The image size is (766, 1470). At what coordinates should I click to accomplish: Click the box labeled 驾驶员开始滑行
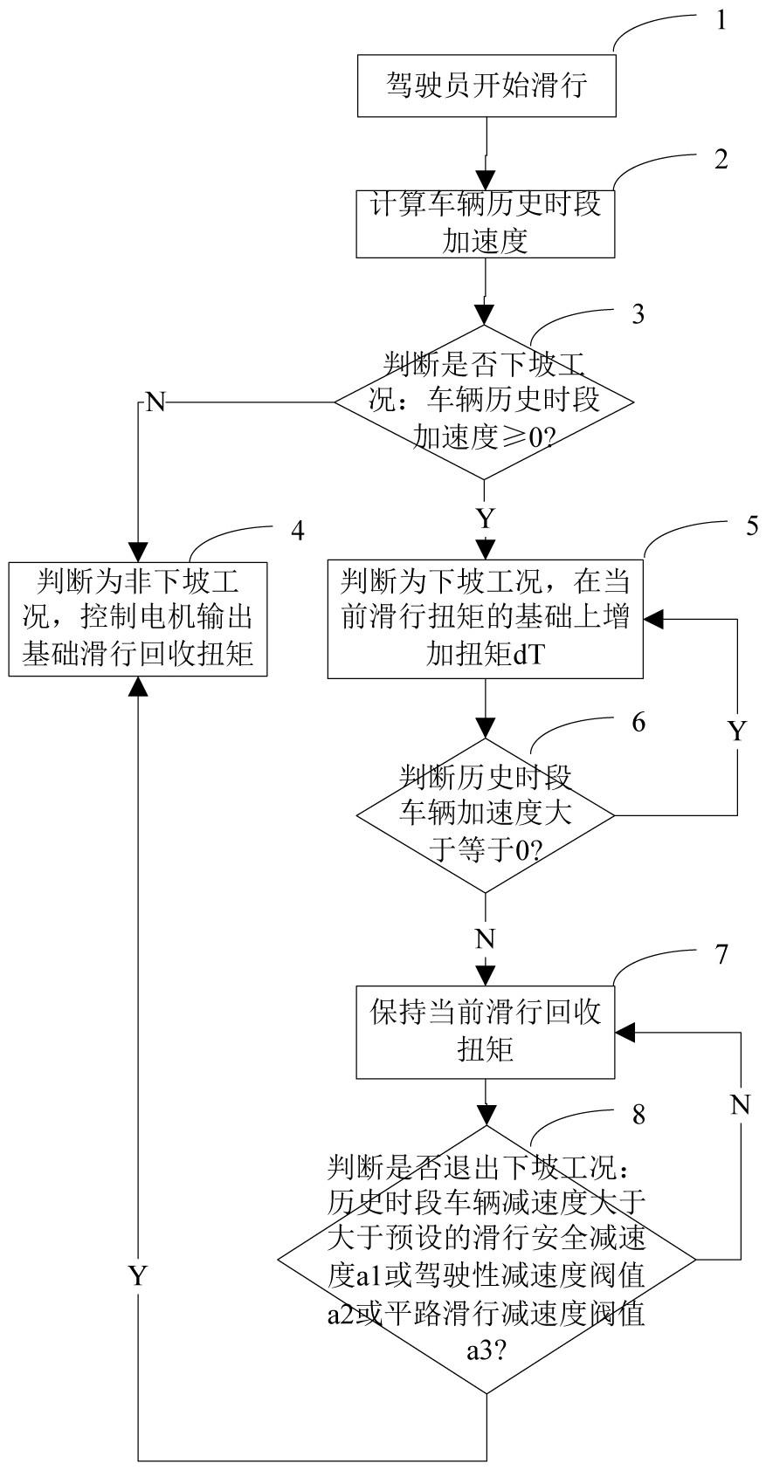(487, 86)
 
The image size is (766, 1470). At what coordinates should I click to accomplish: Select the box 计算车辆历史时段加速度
(485, 223)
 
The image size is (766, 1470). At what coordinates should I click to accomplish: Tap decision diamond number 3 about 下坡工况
(485, 402)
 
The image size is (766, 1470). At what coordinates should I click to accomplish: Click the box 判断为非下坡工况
(138, 619)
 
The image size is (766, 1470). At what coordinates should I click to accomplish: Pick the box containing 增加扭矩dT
(485, 619)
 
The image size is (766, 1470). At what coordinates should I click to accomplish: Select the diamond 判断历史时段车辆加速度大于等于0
(485, 815)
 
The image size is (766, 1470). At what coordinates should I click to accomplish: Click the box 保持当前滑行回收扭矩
(485, 1032)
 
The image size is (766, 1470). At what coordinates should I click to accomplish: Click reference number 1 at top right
(721, 20)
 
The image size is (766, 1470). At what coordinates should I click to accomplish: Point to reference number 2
(721, 159)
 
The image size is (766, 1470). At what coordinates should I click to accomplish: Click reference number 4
(298, 530)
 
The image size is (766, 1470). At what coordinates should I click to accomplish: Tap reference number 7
(721, 954)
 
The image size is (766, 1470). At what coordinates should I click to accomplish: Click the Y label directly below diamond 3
(485, 519)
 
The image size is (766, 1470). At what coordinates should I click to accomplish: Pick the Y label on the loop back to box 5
(738, 731)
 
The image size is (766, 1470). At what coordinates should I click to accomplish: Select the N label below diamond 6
(485, 939)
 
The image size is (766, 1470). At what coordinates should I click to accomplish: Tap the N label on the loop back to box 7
(741, 1105)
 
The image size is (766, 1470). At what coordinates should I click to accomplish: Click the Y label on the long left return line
(138, 1276)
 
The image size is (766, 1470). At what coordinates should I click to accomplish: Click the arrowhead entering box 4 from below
(138, 687)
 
